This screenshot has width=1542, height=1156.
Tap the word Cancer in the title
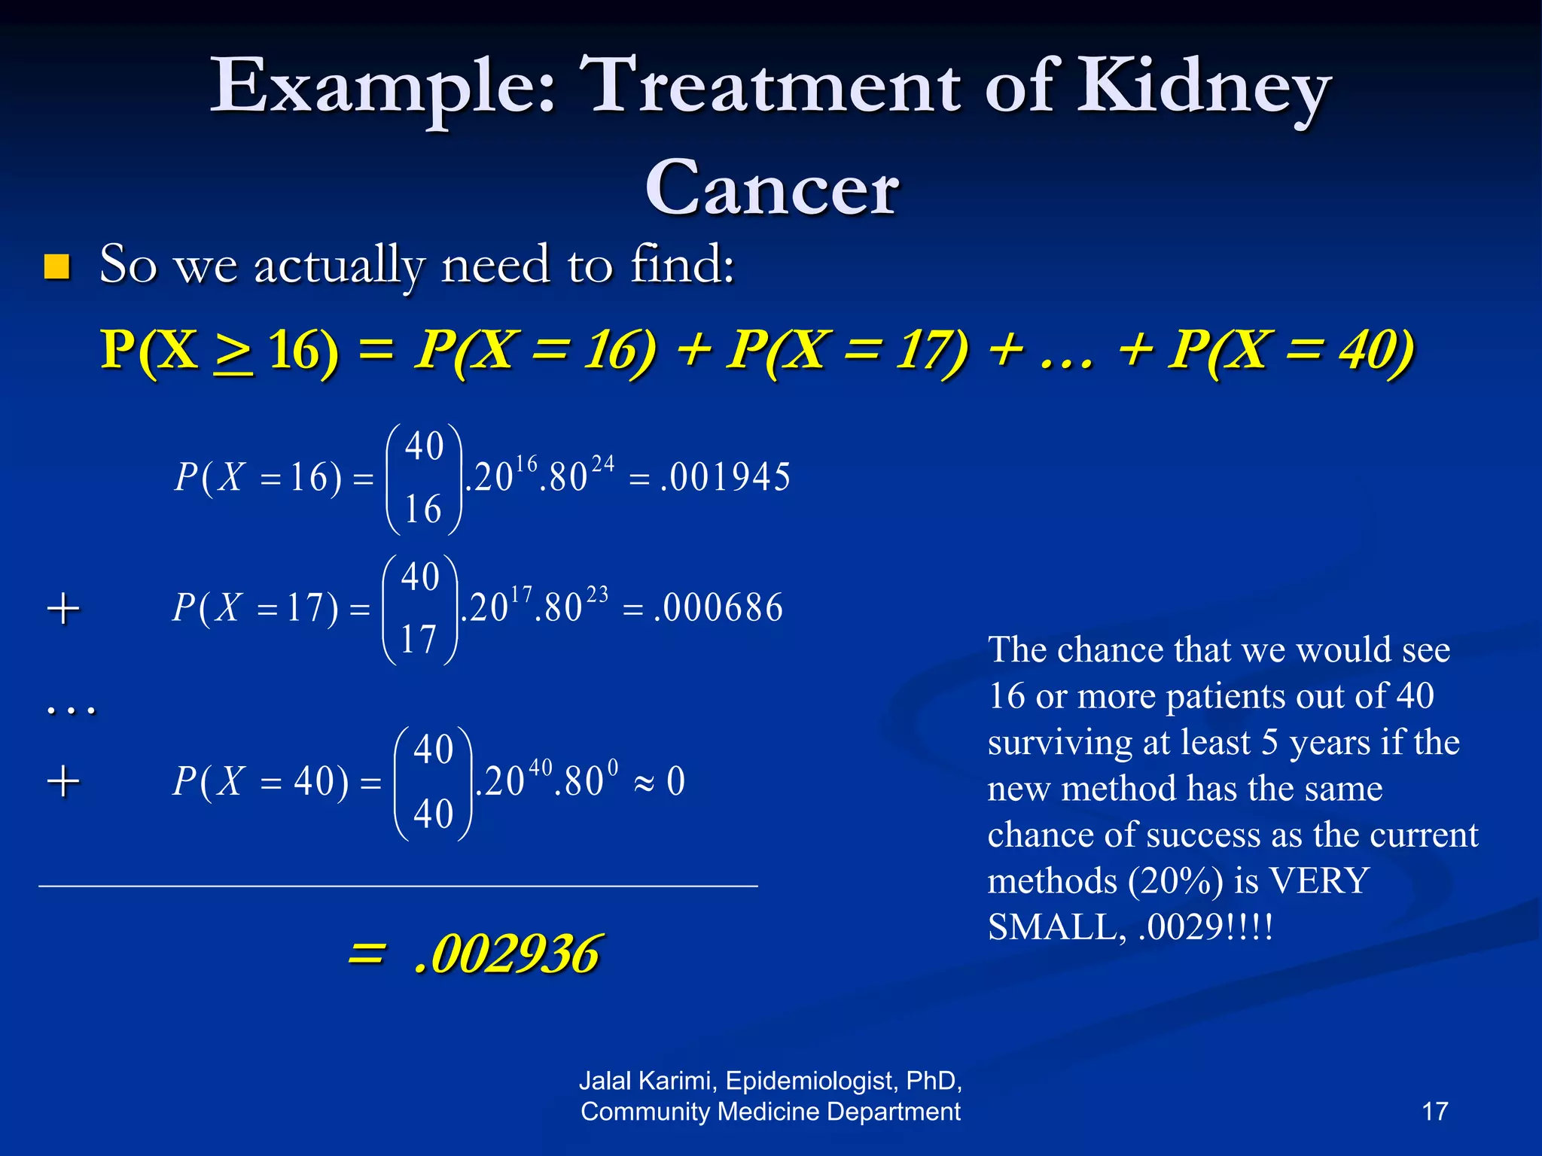tap(772, 188)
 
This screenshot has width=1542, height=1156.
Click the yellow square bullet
tap(57, 267)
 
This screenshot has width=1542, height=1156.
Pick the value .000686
tap(719, 608)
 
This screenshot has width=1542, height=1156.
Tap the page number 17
tap(1434, 1112)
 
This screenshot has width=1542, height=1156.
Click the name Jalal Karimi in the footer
tap(648, 1081)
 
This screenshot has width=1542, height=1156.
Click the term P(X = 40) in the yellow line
tap(1291, 350)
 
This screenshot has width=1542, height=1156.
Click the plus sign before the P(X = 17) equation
tap(63, 608)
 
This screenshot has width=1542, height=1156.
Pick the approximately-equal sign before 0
tap(644, 783)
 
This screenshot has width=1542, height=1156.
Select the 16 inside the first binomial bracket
tap(423, 510)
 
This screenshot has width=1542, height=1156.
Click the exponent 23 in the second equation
tap(597, 595)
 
